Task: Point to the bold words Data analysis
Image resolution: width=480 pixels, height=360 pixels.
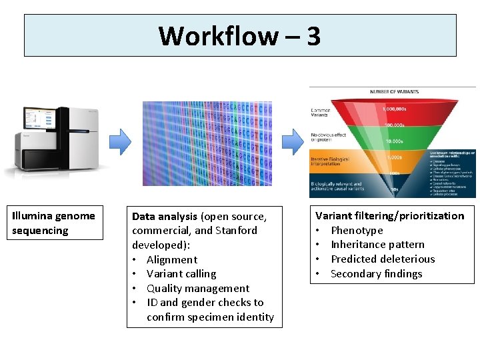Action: pos(165,216)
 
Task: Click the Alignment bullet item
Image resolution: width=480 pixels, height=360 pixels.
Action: pos(171,259)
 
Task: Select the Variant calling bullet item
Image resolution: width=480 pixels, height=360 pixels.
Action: pos(181,273)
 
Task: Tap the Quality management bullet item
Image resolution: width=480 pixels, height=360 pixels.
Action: pos(197,288)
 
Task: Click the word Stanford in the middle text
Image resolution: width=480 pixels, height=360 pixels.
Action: pos(236,230)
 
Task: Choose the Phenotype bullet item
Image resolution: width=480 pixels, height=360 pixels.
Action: pos(357,230)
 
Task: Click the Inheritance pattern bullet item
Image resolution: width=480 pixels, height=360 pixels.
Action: pos(377,244)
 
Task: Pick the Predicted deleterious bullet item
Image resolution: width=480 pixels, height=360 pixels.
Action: pos(382,259)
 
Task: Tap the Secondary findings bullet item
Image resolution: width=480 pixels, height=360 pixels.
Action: pos(376,273)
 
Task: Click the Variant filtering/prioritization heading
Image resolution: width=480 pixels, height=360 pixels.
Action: pos(389,215)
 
